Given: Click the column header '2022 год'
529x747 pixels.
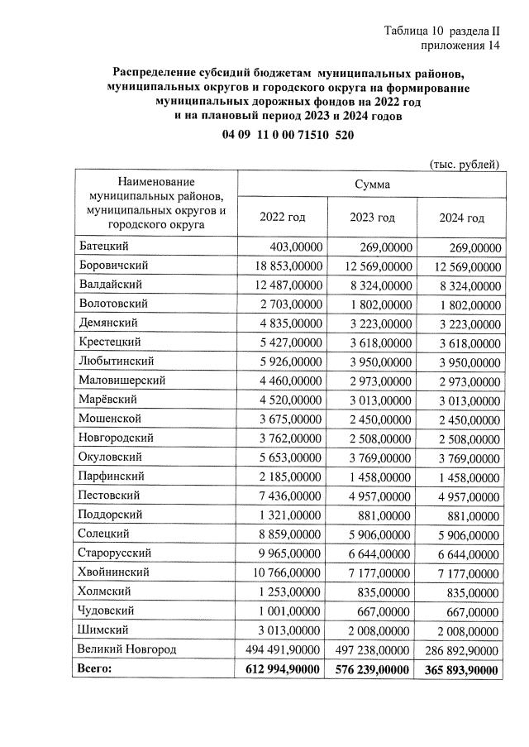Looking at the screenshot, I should coord(283,218).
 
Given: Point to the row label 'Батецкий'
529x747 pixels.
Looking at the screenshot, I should coord(104,246).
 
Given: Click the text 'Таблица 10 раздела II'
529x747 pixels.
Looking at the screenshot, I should coord(443,31).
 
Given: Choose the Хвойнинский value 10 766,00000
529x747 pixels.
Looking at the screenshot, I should coord(282,572).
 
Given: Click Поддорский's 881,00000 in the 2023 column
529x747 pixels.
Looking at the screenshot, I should coord(388,515).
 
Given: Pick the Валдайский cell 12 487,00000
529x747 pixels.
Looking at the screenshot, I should coord(282,285).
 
